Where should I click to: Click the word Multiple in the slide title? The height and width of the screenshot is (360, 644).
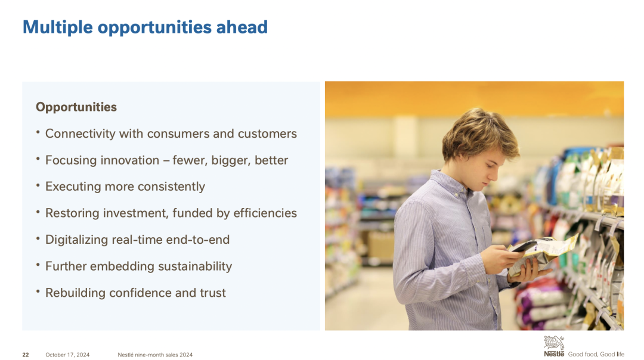coord(58,27)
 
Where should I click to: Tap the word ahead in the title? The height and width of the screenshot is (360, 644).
coord(241,27)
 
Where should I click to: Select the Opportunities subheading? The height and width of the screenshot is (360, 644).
coord(76,107)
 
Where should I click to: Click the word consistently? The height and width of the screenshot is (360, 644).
coord(171,187)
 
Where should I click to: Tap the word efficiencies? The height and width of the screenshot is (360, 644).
coord(265,213)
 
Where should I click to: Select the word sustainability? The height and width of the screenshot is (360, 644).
coord(195,266)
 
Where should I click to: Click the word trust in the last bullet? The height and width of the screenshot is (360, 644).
coord(213,293)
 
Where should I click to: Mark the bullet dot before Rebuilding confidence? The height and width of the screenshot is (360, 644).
coord(38,292)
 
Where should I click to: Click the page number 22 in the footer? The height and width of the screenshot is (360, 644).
coord(26,355)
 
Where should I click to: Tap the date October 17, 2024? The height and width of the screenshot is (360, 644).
coord(67,355)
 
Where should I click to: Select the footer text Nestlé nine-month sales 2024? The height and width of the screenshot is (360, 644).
coord(155,355)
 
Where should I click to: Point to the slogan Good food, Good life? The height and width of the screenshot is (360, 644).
coord(596,354)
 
